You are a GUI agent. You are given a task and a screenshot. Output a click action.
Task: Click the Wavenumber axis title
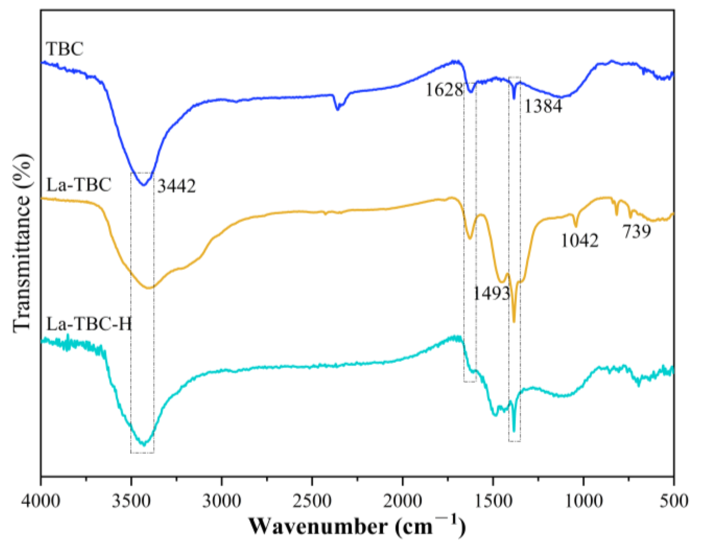(357, 526)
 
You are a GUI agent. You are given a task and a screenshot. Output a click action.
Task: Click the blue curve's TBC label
(65, 48)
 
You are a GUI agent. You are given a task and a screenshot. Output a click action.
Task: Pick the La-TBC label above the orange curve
(79, 184)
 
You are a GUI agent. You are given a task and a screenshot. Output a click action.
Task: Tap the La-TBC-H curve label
(89, 324)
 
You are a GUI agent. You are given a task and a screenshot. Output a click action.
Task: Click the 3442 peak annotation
(177, 186)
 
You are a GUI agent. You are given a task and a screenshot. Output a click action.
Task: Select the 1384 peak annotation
(543, 106)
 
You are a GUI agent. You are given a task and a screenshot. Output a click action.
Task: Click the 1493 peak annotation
(491, 294)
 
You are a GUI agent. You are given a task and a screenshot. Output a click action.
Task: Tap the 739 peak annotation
(636, 232)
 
